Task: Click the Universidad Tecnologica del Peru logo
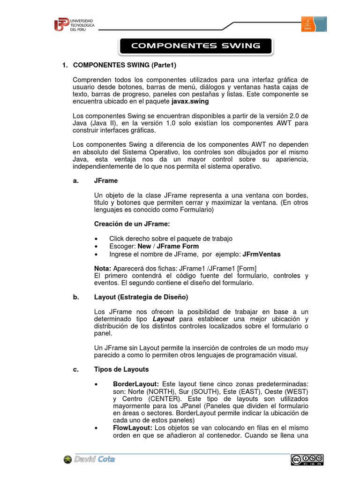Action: coord(74,24)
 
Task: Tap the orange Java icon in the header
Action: coord(307,24)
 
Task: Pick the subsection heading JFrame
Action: coord(106,180)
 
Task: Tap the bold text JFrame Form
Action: coord(178,246)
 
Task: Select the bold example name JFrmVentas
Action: coord(262,254)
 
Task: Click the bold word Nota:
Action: coord(103,268)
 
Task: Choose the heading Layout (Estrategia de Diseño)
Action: coord(141,297)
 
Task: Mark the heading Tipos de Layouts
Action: coord(121,369)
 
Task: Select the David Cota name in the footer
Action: coord(94,459)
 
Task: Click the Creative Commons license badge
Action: coord(307,460)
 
